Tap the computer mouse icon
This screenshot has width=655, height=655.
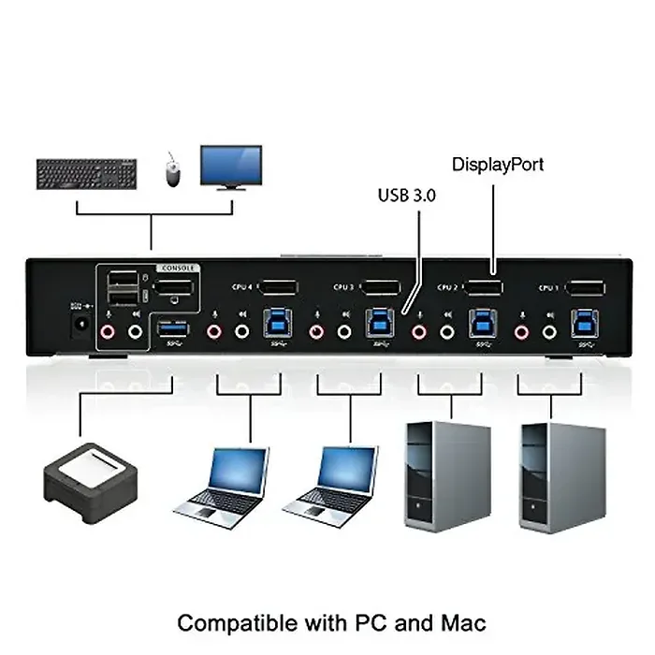(x=172, y=170)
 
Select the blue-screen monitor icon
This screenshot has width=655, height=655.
(x=230, y=167)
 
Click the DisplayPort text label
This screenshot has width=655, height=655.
(x=498, y=165)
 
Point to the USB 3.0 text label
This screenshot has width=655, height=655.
(x=408, y=196)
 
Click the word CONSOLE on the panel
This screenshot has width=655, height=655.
(x=180, y=268)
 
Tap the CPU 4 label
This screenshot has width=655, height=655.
(x=241, y=287)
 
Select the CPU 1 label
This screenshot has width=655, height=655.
(x=549, y=287)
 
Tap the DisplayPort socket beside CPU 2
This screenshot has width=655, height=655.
(x=484, y=289)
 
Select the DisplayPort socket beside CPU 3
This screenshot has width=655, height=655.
(x=381, y=289)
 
